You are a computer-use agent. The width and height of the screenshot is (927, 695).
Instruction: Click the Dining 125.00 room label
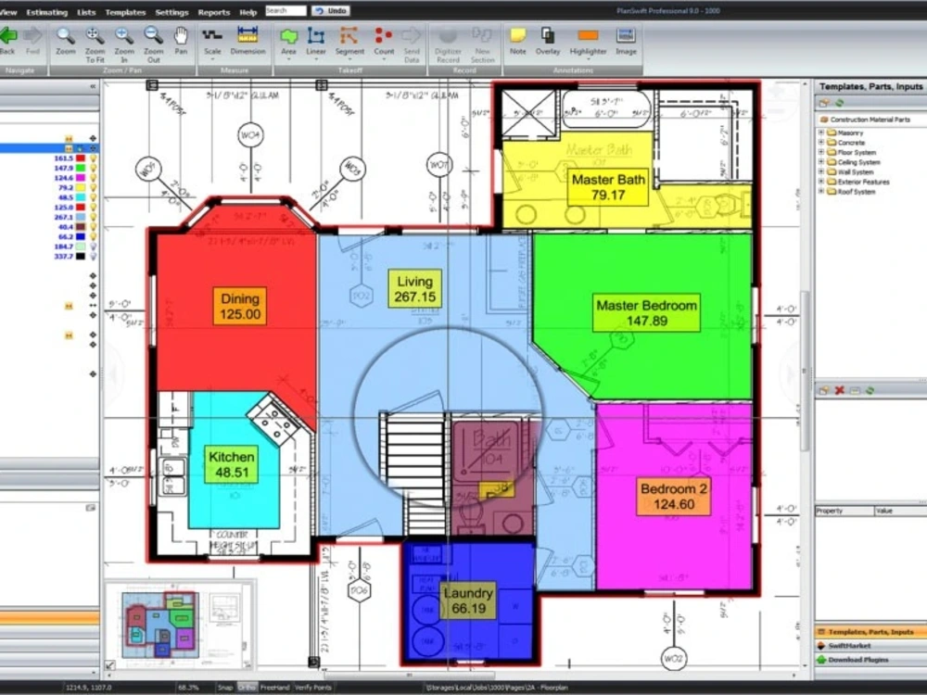pyautogui.click(x=239, y=306)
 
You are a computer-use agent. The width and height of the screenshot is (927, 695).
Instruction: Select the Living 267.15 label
pyautogui.click(x=414, y=289)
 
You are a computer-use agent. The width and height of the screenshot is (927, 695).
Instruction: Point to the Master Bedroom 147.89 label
pyautogui.click(x=646, y=313)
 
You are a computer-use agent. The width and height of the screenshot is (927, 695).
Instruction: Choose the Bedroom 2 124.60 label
pyautogui.click(x=673, y=497)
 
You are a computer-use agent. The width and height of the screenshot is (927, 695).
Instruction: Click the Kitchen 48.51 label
pyautogui.click(x=231, y=464)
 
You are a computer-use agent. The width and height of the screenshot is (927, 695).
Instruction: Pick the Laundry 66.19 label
pyautogui.click(x=468, y=600)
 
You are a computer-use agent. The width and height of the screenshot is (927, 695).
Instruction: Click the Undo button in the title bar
pyautogui.click(x=331, y=11)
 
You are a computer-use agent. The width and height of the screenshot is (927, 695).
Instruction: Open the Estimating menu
pyautogui.click(x=46, y=12)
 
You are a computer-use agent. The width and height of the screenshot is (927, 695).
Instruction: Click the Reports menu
pyautogui.click(x=214, y=12)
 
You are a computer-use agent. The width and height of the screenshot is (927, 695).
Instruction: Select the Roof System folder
pyautogui.click(x=856, y=192)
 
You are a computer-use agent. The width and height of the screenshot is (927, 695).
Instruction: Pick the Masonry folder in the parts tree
pyautogui.click(x=850, y=133)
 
